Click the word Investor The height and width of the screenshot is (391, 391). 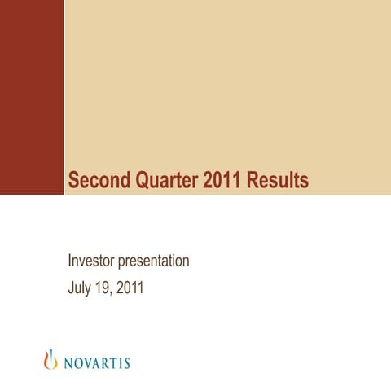(93, 261)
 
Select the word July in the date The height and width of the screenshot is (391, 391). (81, 288)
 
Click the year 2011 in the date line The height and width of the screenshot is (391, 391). (131, 288)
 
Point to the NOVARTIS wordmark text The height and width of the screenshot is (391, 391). (96, 362)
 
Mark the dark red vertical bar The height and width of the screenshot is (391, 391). (32, 98)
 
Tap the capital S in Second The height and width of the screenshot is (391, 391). (73, 179)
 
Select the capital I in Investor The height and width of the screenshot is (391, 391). (69, 261)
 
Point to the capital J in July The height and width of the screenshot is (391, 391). (71, 288)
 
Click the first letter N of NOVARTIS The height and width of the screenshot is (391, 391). (68, 362)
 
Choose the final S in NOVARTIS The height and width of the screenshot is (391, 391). (126, 362)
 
